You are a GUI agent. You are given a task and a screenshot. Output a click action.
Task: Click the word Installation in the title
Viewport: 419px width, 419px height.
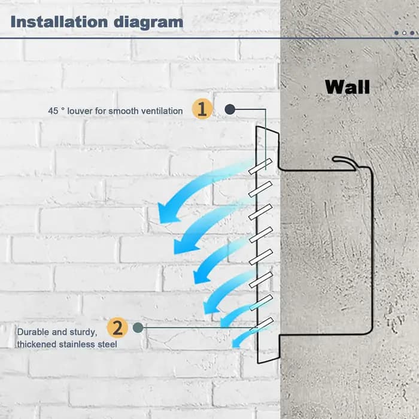tap(59, 22)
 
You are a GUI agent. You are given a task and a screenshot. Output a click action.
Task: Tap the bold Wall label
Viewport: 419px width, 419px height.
tap(347, 87)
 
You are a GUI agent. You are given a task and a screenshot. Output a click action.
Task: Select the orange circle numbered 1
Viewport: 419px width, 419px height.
tap(202, 109)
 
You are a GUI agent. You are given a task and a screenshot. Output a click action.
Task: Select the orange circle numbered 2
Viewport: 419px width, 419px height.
tap(117, 327)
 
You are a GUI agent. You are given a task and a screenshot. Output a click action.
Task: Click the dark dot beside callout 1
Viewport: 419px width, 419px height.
tap(230, 109)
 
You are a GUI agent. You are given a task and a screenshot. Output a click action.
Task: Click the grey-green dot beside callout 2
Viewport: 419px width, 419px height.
tap(138, 327)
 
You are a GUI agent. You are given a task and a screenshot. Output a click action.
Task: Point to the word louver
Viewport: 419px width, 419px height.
tap(80, 111)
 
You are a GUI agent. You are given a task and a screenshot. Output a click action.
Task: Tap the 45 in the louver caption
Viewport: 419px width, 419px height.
tap(53, 111)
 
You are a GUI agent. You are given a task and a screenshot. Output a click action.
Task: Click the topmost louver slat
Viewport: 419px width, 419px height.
tap(260, 166)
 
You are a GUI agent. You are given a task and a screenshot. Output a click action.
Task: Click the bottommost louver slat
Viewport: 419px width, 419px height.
tap(262, 324)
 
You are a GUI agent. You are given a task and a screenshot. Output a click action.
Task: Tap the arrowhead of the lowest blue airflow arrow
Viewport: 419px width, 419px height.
tap(236, 344)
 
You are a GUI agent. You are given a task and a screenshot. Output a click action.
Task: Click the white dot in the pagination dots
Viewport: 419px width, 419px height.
tap(404, 33)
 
